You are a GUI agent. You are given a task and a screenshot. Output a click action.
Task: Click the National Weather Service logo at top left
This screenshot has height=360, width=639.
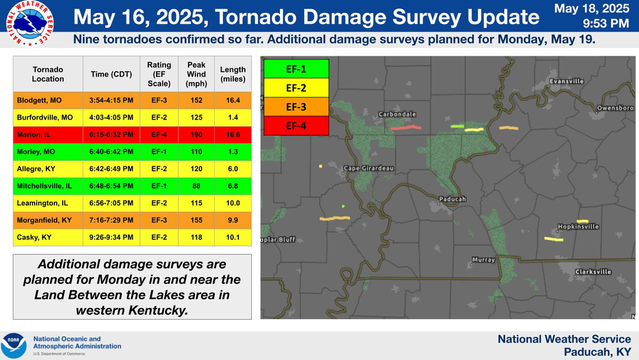click(28, 24)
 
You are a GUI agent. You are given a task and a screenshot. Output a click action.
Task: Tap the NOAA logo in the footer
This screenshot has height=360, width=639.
click(13, 345)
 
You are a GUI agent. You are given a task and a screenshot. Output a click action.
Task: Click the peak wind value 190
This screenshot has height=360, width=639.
click(196, 134)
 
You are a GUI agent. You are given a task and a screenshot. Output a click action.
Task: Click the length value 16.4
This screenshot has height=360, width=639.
click(233, 100)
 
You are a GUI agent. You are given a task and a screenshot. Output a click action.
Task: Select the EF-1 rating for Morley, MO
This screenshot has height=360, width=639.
click(159, 152)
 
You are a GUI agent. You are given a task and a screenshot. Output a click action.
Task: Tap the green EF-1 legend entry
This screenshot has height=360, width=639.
click(295, 68)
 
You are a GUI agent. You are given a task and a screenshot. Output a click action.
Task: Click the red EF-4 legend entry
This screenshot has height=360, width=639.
click(295, 126)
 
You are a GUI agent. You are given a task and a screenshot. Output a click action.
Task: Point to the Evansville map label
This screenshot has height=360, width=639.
click(566, 81)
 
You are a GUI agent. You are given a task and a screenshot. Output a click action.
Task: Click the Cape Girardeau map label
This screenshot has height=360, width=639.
click(369, 168)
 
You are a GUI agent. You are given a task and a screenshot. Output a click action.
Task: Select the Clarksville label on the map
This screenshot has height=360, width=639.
click(593, 272)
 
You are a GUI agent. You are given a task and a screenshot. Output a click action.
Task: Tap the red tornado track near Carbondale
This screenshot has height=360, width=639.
click(406, 128)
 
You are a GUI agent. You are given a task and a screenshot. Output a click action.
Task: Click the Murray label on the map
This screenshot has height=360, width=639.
click(483, 260)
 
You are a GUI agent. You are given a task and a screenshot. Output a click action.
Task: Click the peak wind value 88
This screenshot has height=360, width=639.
click(196, 186)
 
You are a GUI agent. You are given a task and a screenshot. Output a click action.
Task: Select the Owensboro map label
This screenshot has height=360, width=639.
click(615, 108)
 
